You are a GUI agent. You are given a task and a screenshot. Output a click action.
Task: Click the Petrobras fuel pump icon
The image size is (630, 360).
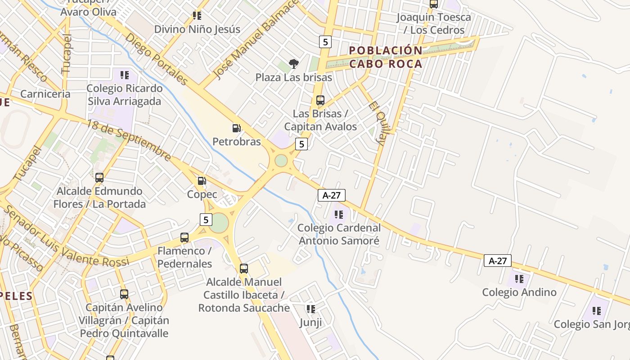(236, 128)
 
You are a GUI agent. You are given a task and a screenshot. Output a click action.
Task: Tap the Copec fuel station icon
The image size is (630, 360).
(202, 181)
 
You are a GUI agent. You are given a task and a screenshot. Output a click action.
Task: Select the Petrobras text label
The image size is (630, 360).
(236, 142)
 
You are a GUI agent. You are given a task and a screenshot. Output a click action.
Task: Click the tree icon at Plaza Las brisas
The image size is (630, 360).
(294, 64)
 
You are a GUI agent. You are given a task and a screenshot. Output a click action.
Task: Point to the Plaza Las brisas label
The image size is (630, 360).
(293, 77)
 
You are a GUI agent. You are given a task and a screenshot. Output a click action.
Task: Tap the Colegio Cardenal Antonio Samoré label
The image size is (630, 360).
(339, 234)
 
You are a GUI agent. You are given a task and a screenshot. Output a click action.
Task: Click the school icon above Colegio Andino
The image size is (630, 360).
(519, 279)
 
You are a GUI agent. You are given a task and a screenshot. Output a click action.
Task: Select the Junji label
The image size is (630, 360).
(310, 323)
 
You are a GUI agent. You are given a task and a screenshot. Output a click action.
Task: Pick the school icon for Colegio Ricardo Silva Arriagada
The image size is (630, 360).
(125, 75)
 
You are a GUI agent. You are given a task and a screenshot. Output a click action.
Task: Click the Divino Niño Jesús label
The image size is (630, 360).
(197, 29)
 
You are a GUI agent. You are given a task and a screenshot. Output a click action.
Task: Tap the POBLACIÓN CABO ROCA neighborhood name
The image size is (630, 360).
(386, 57)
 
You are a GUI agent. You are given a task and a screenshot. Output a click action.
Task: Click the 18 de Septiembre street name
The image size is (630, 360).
(129, 140)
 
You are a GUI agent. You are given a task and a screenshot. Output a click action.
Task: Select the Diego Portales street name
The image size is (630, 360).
(156, 59)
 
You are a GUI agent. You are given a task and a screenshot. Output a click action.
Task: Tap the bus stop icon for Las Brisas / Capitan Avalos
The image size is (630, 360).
(320, 100)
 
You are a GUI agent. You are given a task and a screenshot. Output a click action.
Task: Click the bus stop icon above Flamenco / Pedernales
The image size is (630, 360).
(184, 237)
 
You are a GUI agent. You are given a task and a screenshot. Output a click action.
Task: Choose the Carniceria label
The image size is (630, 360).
(45, 94)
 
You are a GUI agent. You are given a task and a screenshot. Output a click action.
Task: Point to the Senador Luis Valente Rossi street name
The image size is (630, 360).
(67, 238)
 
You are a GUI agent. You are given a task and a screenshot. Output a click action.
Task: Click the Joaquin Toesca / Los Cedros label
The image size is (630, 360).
(434, 23)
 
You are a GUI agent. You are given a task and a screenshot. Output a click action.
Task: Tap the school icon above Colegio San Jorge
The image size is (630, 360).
(597, 310)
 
